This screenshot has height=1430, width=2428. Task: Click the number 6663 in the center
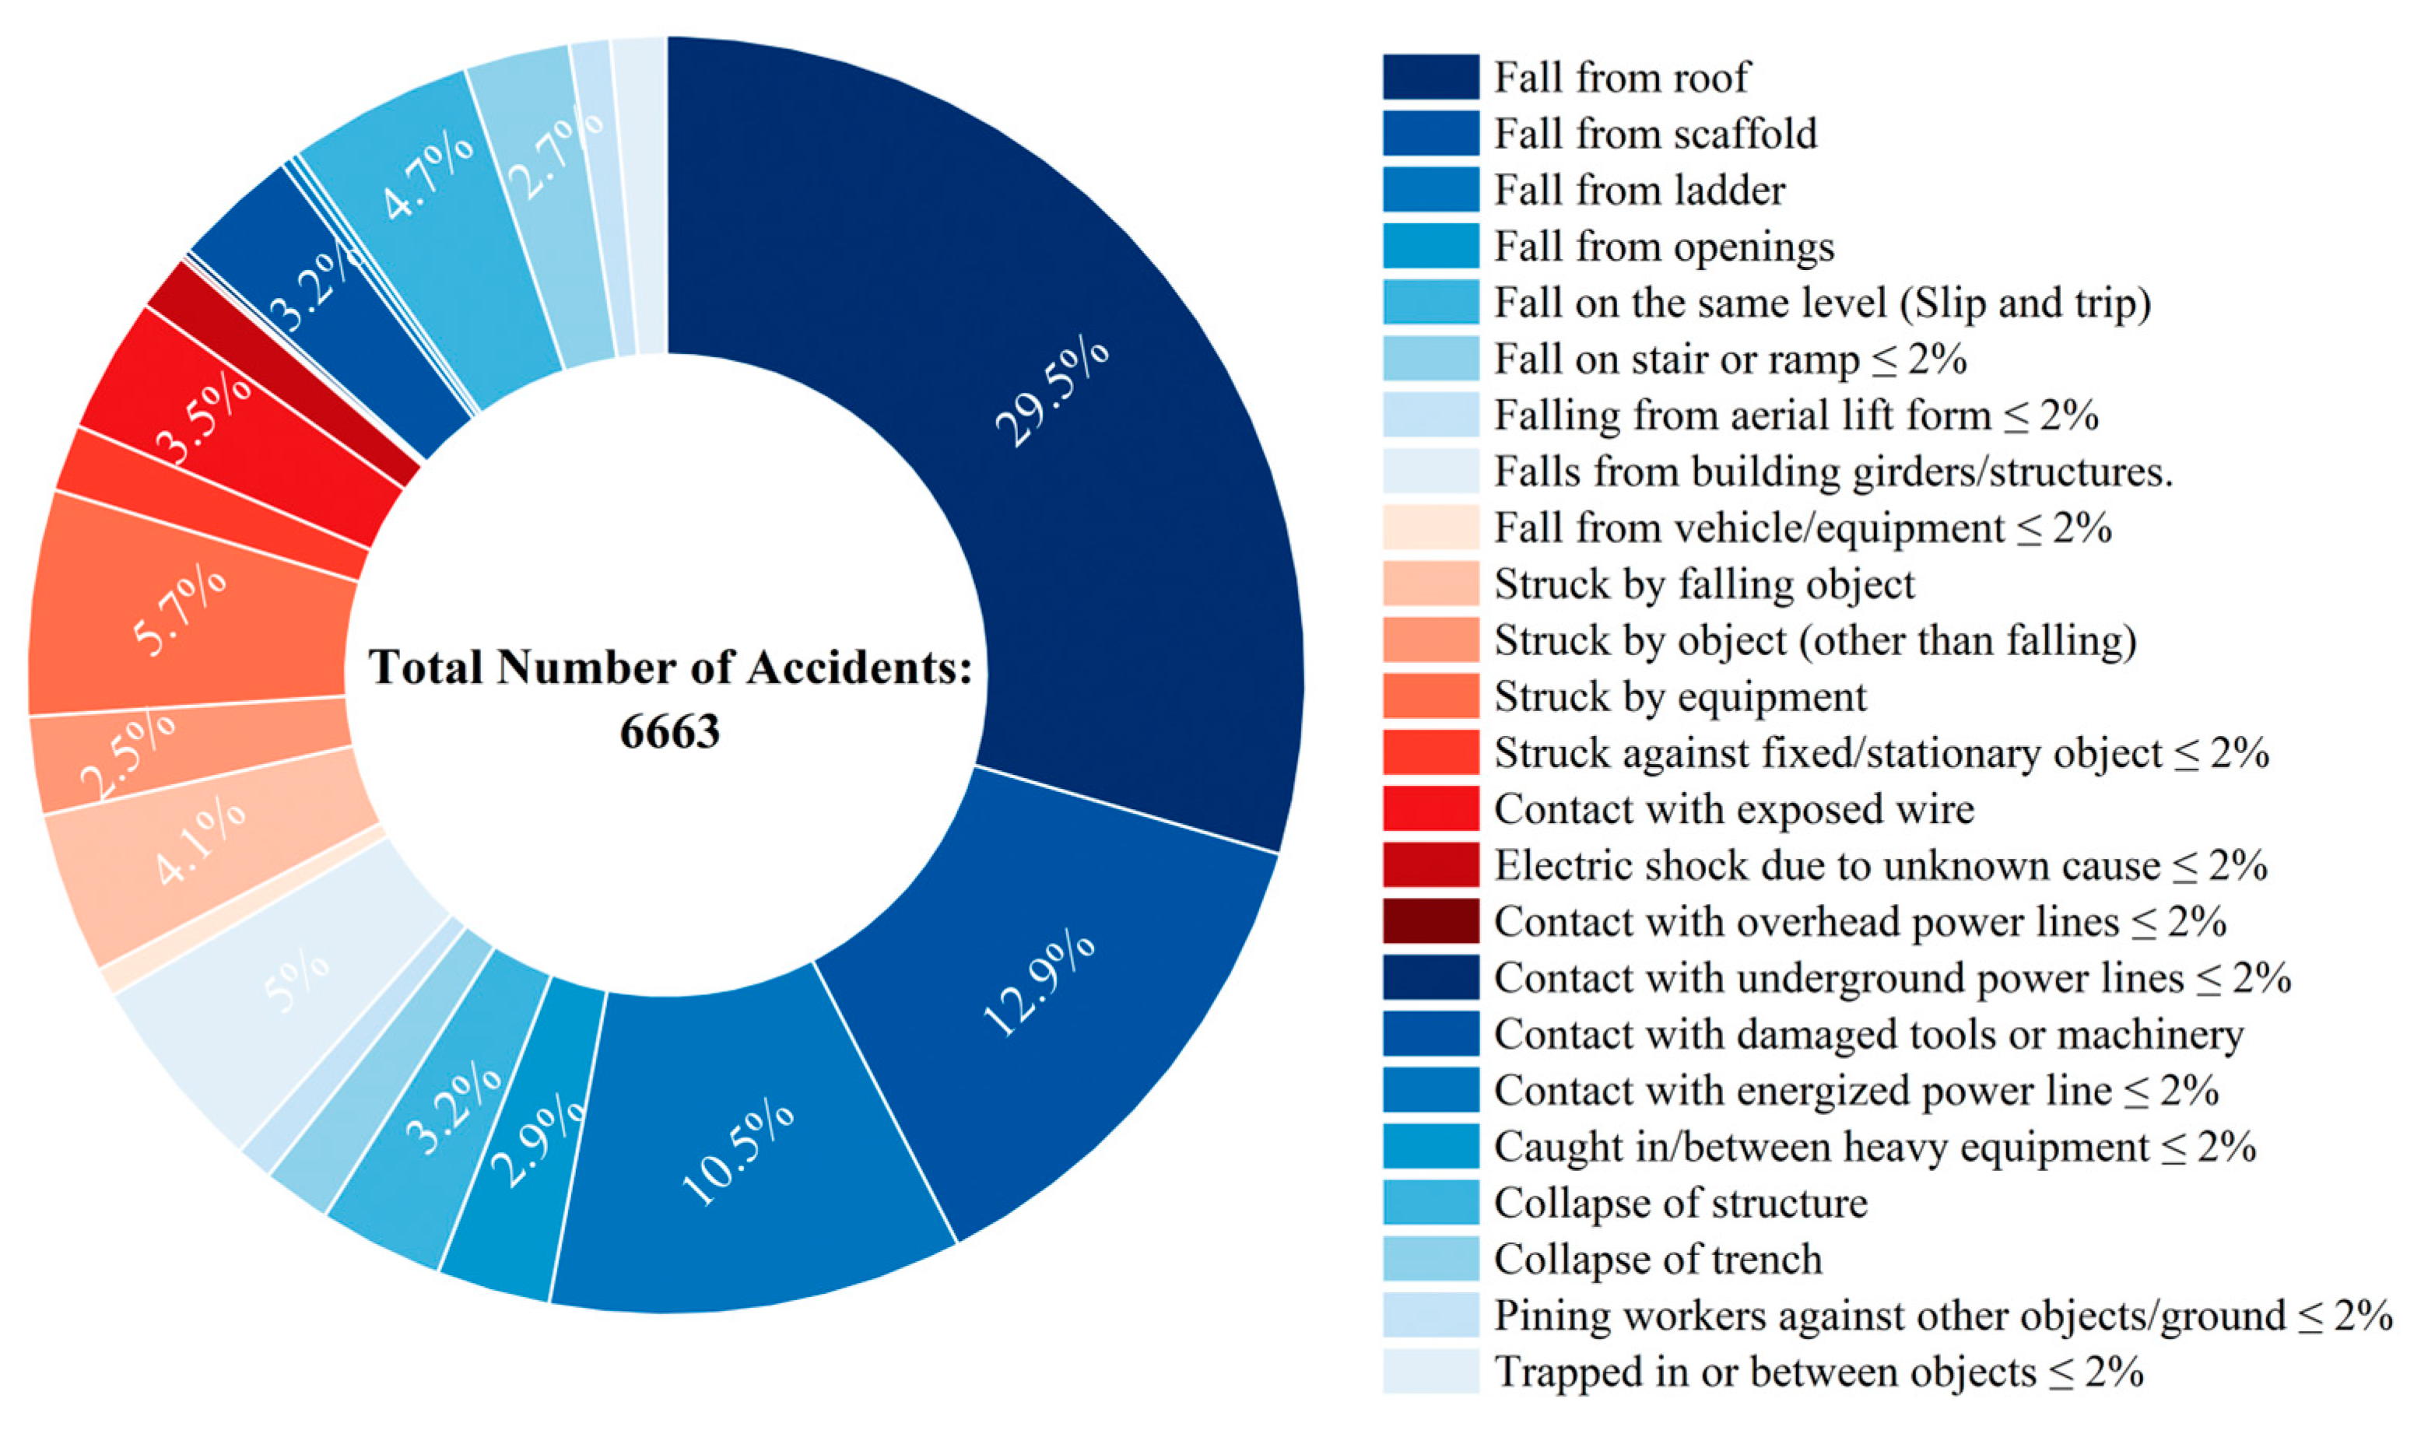click(x=669, y=731)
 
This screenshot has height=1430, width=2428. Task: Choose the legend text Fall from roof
click(x=1621, y=77)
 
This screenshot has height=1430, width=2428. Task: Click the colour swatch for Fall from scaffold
click(x=1430, y=133)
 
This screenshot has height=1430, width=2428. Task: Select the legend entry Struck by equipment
click(x=1680, y=696)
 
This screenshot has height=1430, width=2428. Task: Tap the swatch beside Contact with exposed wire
click(x=1430, y=809)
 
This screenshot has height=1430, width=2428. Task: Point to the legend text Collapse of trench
click(x=1658, y=1260)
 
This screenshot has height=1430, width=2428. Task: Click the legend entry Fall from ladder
click(x=1640, y=190)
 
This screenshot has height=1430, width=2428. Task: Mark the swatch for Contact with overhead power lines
click(x=1430, y=922)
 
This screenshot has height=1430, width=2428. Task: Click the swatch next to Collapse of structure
click(x=1430, y=1204)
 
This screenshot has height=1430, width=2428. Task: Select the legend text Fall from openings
click(x=1664, y=247)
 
